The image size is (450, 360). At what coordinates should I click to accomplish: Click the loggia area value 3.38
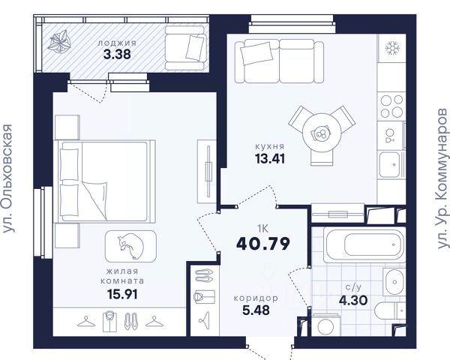click(117, 54)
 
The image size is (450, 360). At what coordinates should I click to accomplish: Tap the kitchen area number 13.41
click(270, 158)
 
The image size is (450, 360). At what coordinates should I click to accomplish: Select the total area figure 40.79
click(263, 244)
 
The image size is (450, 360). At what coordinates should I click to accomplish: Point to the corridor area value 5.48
click(256, 310)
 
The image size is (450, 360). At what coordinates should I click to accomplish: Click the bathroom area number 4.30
click(353, 301)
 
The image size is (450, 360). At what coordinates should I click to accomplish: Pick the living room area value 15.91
click(122, 294)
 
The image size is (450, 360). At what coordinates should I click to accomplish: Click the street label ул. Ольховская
click(7, 178)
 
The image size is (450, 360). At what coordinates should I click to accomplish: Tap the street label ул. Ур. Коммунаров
click(442, 178)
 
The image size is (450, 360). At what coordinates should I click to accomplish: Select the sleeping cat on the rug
click(130, 246)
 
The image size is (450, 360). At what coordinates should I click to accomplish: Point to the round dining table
click(322, 133)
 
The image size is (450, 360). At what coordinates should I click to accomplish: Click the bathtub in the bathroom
click(364, 244)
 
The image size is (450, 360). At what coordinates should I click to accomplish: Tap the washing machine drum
click(325, 326)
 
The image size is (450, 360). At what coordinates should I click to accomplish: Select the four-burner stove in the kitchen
click(391, 106)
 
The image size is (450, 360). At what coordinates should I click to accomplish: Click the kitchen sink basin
click(389, 165)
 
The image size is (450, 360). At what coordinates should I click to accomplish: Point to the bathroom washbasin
click(394, 282)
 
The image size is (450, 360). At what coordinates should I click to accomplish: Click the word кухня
click(270, 146)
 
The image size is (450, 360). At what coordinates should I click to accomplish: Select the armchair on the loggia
click(186, 48)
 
